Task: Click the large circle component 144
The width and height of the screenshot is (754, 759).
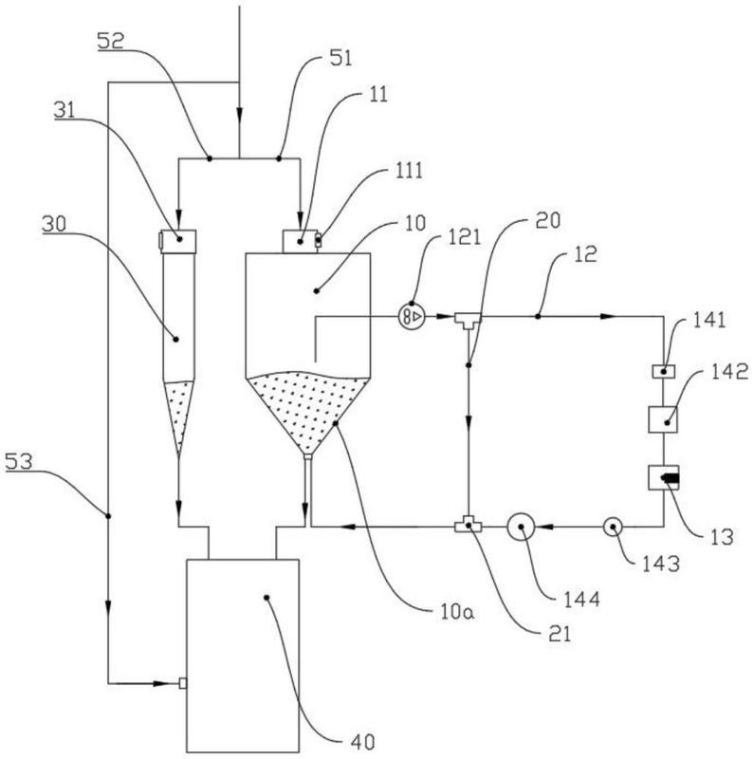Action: (521, 527)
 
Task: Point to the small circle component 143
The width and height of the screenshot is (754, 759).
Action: (611, 526)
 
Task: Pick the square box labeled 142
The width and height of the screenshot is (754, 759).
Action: (662, 418)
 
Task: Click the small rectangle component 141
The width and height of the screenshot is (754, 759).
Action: (662, 370)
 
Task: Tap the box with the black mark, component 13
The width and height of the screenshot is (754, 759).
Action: (663, 477)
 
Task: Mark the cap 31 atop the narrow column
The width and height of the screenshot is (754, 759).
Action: (178, 241)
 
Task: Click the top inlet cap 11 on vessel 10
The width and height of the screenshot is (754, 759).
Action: (302, 241)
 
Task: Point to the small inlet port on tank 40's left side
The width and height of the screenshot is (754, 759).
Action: (183, 682)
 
